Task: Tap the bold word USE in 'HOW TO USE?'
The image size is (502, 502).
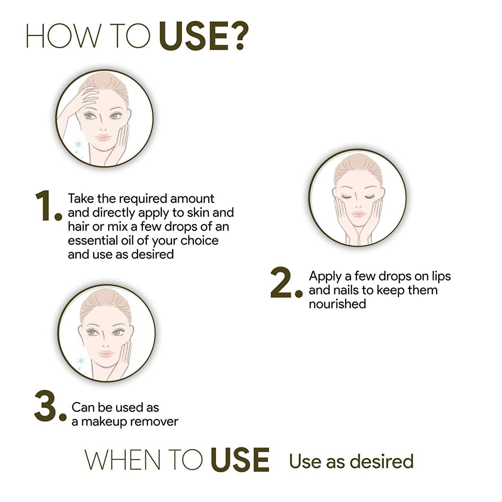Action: pos(193,36)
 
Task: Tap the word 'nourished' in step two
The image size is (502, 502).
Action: pos(337,304)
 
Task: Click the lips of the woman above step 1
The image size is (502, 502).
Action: pos(104,137)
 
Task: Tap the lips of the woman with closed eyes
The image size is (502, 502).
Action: pos(358,214)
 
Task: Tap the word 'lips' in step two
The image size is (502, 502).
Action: pos(441,277)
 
